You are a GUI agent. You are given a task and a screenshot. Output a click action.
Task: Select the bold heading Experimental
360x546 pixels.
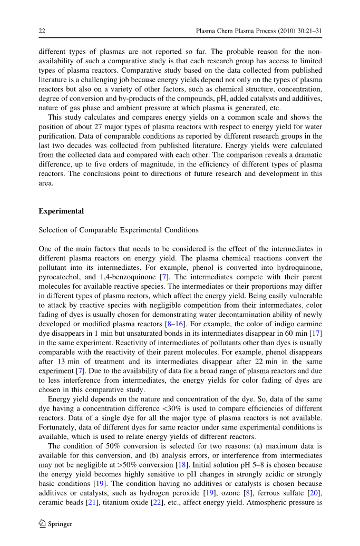coord(61,211)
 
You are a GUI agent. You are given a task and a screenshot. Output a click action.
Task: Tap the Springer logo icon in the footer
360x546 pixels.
coord(43,524)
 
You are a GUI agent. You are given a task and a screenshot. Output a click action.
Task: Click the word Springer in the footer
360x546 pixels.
coord(60,524)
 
